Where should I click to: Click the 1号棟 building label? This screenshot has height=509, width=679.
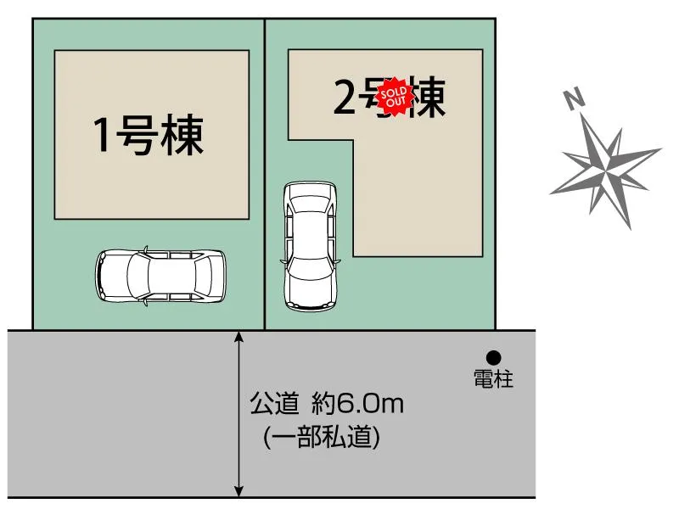(x=149, y=136)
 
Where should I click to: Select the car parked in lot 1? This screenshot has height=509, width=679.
(x=161, y=275)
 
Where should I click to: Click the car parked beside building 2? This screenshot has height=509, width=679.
(x=310, y=245)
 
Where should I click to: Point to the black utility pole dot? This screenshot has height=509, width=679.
(x=493, y=358)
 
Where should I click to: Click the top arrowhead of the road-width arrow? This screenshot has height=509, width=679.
(x=240, y=337)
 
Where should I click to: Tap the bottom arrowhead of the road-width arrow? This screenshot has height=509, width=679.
(x=240, y=490)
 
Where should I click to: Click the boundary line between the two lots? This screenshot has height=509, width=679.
(x=265, y=170)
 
